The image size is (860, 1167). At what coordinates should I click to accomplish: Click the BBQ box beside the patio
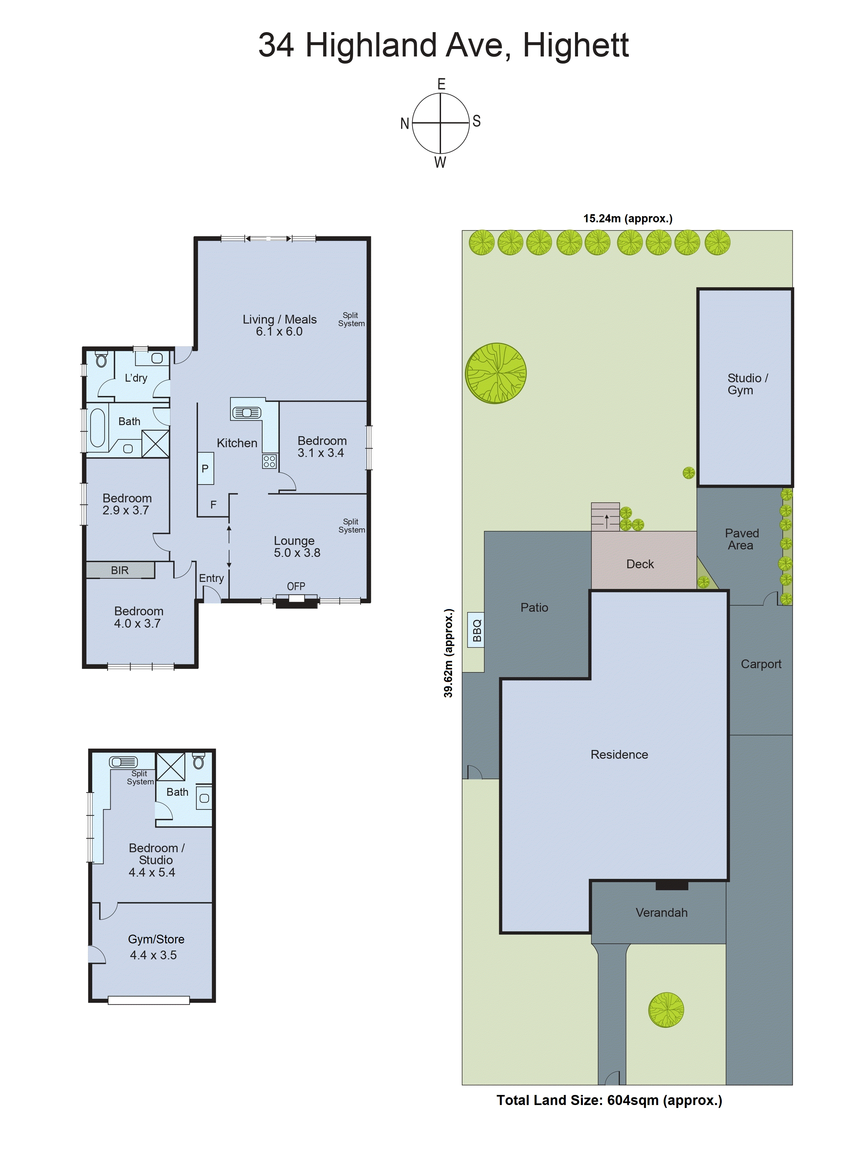476,630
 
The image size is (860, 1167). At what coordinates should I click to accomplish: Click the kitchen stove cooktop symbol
269,461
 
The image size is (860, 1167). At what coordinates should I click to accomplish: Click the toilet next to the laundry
102,359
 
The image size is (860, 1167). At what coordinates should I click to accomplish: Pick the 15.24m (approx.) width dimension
627,219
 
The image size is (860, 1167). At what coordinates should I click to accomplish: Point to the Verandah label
661,913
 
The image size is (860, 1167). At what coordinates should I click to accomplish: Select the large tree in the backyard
496,373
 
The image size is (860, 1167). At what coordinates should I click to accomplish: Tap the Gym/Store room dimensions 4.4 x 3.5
153,955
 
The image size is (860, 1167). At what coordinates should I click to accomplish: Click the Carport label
761,664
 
